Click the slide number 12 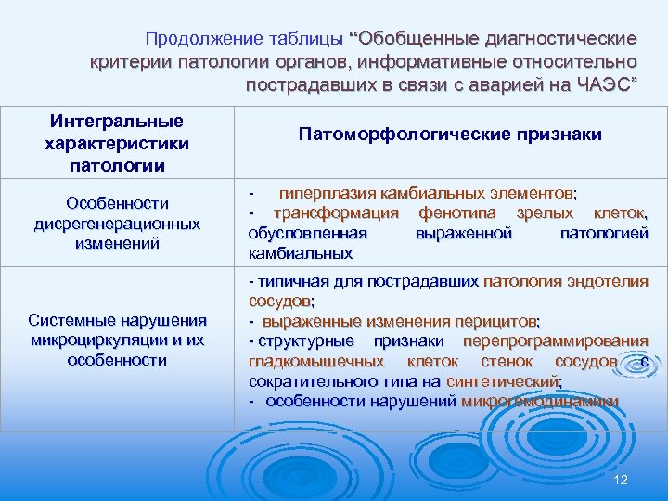(x=621, y=479)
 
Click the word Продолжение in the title (x=198, y=39)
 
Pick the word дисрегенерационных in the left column (x=117, y=224)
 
